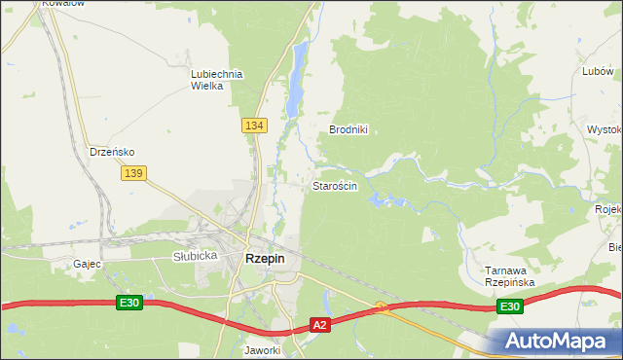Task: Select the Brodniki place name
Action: pos(348,129)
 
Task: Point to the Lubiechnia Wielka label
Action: pos(215,80)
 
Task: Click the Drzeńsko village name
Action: pos(111,152)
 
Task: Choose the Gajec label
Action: pos(88,264)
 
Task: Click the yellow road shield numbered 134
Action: pos(254,126)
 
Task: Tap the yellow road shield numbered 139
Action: pos(133,172)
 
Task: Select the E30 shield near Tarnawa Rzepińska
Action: pos(509,306)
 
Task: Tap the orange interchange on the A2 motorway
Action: pos(383,308)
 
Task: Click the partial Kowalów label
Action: pos(64,4)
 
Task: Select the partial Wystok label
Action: pos(605,129)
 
